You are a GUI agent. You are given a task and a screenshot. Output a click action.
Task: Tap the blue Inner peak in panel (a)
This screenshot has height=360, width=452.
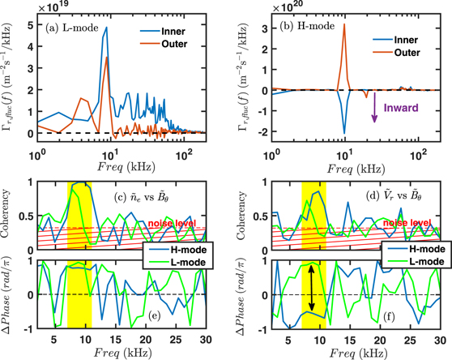coord(105,28)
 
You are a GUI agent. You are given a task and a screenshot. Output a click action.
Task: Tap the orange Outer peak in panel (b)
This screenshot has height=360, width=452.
coord(344,26)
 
